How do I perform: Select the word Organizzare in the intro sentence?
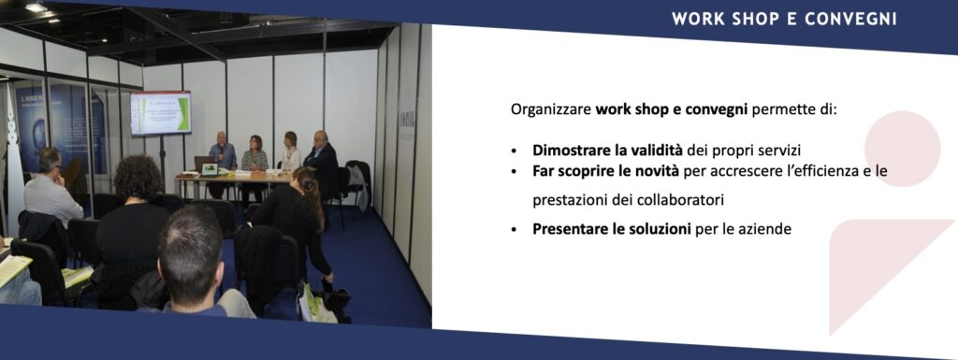click(550, 110)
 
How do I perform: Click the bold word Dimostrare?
click(569, 151)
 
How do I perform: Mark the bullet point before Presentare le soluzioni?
click(515, 231)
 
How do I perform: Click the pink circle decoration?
click(903, 149)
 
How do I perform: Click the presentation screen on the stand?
click(161, 113)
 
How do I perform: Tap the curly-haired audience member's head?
click(138, 177)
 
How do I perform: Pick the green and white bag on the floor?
click(316, 304)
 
